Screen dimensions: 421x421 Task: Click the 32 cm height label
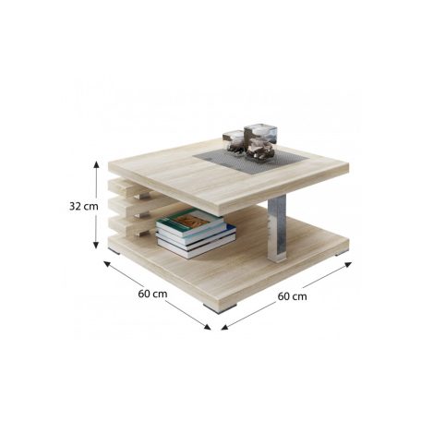tap(84, 206)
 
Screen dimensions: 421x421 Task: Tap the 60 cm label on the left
tap(152, 294)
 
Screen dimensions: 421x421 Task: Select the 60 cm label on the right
tap(292, 296)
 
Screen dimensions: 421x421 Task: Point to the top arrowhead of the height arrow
tap(96, 164)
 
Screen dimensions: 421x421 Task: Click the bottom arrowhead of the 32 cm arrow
tap(96, 245)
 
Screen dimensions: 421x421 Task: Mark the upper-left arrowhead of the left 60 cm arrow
tap(107, 264)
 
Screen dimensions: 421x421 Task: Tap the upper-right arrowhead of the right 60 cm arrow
tap(348, 264)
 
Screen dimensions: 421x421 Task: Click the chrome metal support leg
tap(277, 228)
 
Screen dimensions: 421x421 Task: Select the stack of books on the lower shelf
tap(196, 233)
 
